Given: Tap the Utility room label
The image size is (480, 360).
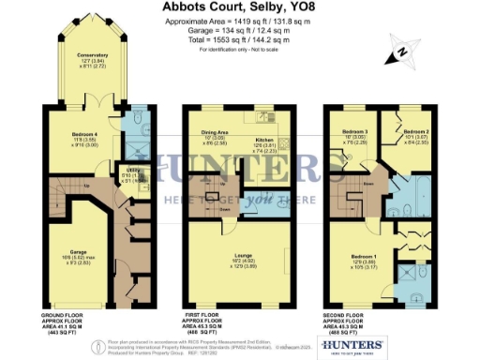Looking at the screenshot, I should pyautogui.click(x=108, y=171).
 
